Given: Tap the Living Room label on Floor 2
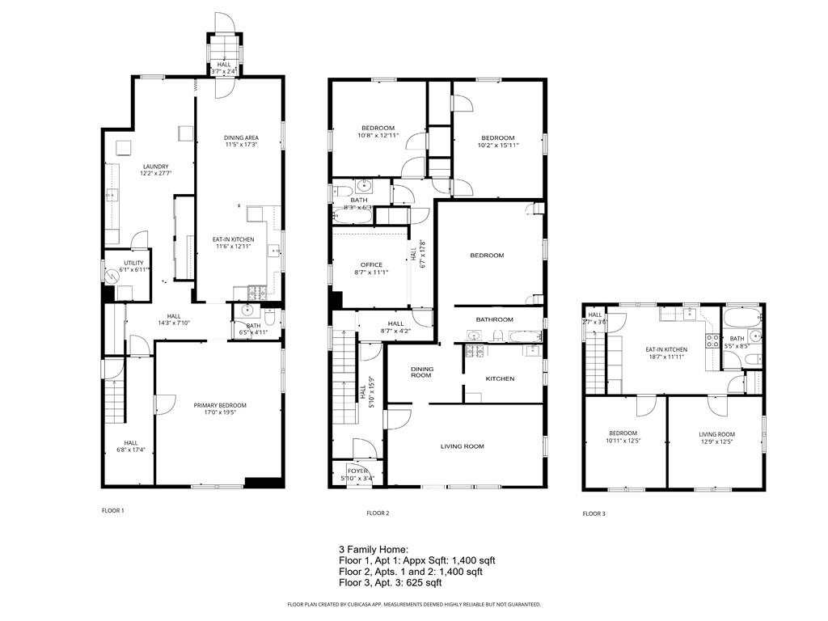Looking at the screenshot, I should (462, 446).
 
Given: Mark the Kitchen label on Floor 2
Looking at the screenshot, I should (499, 378).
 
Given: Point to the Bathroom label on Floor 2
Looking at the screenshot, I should (489, 319).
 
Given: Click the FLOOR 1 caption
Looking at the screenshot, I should (112, 510).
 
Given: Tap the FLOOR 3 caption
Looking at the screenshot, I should (594, 513).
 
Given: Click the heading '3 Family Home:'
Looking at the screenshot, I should (374, 549).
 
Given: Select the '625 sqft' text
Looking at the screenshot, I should (424, 582).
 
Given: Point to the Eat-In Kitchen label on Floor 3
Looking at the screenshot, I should (665, 351).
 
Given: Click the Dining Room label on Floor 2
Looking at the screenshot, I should (422, 372).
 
